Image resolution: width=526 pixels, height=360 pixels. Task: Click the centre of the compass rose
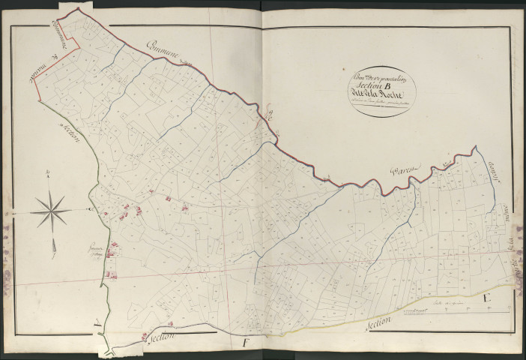[51, 210]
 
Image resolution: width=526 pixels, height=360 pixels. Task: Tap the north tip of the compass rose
[49, 177]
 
